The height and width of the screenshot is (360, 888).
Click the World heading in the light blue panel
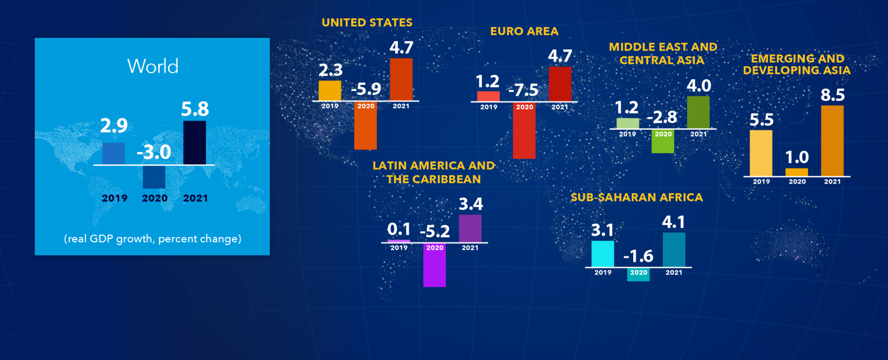[x=153, y=67]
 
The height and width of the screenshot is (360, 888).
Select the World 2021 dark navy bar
[x=194, y=143]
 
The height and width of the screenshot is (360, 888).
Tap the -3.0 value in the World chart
[x=154, y=152]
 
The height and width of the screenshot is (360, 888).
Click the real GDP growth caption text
[x=153, y=239]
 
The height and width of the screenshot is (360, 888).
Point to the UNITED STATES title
[x=367, y=23]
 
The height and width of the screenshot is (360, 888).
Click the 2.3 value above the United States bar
[x=330, y=70]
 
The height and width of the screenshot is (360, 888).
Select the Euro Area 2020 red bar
[x=524, y=134]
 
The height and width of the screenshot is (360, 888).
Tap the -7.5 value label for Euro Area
[x=523, y=90]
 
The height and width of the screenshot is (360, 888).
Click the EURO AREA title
[x=524, y=32]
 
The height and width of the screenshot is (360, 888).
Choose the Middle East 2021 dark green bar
[x=698, y=112]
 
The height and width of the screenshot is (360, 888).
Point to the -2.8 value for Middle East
[x=662, y=117]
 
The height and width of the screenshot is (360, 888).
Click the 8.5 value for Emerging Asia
[x=833, y=95]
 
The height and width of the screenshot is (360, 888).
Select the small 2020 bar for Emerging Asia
[x=797, y=172]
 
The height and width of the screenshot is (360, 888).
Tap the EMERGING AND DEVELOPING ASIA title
[x=797, y=64]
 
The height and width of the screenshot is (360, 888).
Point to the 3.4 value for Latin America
[x=471, y=204]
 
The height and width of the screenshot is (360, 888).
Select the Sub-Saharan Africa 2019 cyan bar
[x=603, y=253]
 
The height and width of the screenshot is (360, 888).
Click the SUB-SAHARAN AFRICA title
[x=637, y=197]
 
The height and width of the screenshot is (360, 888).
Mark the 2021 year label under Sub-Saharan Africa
[x=674, y=272]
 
